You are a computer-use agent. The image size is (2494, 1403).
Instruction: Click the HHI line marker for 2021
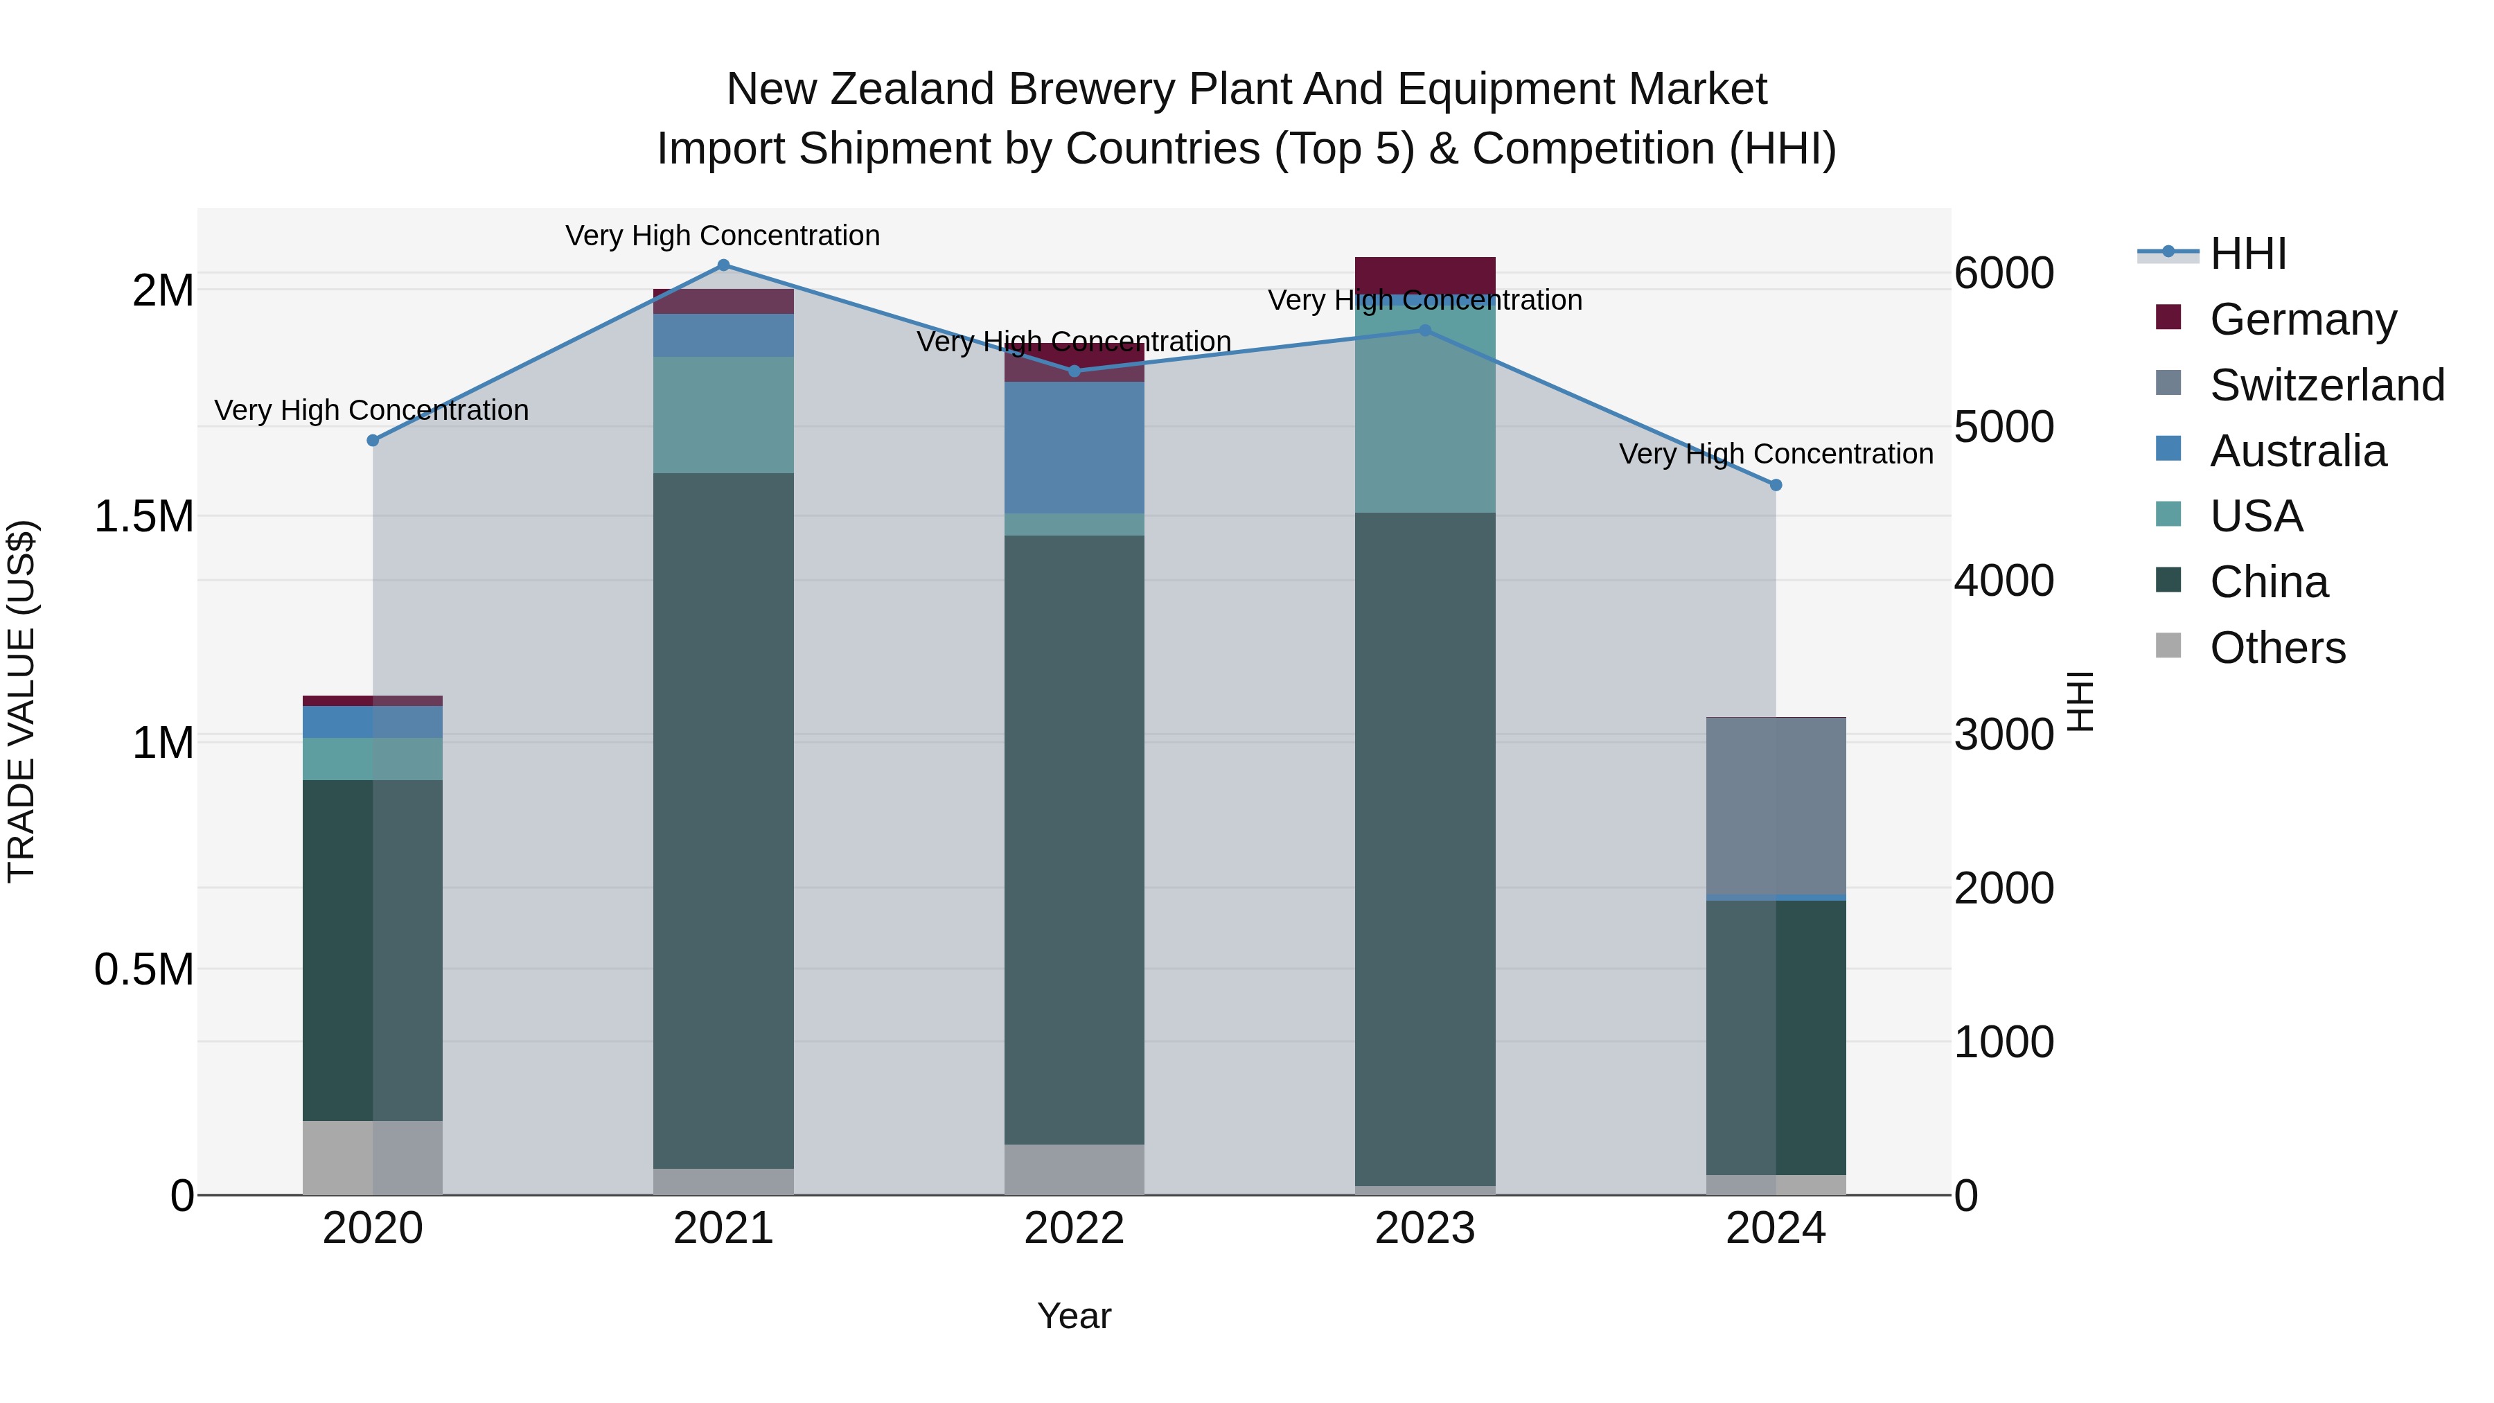coord(723,265)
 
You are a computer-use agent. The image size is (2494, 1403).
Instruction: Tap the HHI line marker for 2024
coord(1776,485)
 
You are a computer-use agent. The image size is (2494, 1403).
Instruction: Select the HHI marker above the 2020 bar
coord(373,441)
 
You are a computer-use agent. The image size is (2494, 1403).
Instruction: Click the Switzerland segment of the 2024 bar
coord(1776,806)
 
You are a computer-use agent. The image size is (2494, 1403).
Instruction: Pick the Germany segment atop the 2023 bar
coord(1424,274)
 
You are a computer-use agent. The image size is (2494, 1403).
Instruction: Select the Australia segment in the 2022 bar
coord(1074,448)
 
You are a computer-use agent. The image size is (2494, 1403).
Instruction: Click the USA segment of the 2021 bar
coord(723,414)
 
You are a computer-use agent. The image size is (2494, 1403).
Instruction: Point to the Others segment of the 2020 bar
coord(373,1157)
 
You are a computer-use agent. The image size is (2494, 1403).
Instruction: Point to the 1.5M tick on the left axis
coord(144,517)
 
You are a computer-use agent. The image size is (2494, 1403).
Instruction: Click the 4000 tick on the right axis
coord(2003,581)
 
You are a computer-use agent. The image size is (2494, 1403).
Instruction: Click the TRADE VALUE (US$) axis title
coord(21,701)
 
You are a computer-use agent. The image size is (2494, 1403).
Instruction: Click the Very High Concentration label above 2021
coord(723,236)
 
